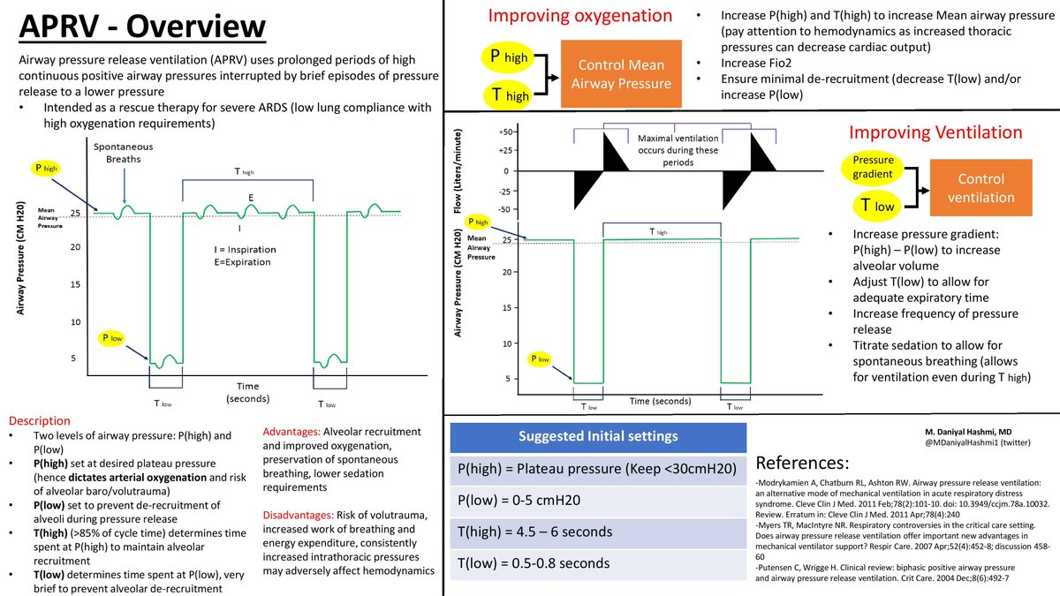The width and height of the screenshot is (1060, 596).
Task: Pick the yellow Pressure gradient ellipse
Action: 874,168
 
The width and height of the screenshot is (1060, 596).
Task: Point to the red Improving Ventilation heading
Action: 935,132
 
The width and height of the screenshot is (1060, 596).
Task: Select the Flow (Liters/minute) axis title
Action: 458,170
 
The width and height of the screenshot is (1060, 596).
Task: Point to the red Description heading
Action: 39,419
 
